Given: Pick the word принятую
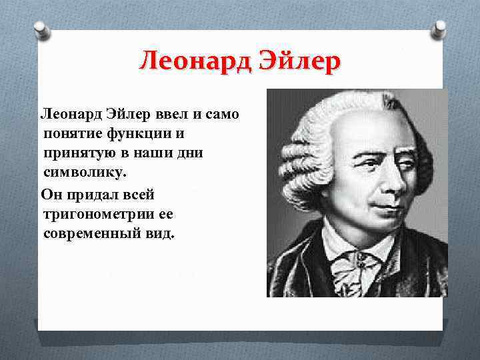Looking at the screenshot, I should click(76, 153).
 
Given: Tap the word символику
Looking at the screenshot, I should click(83, 172).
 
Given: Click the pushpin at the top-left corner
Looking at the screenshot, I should click(39, 31).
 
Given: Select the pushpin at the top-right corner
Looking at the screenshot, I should click(438, 29).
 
